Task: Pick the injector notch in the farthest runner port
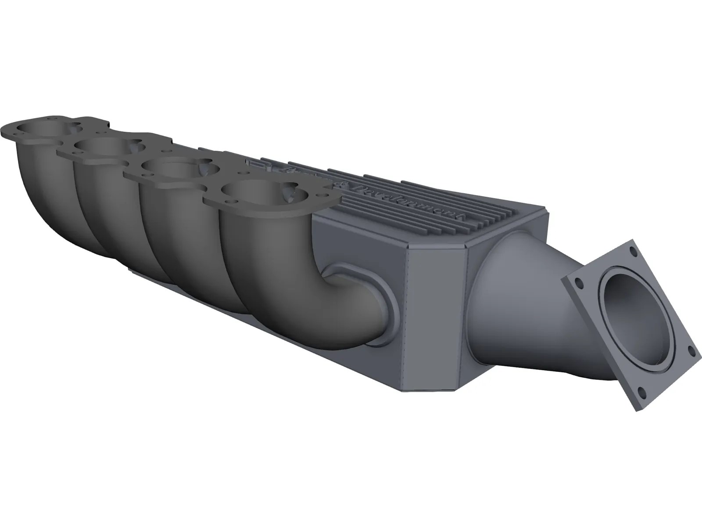coord(72,128)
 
